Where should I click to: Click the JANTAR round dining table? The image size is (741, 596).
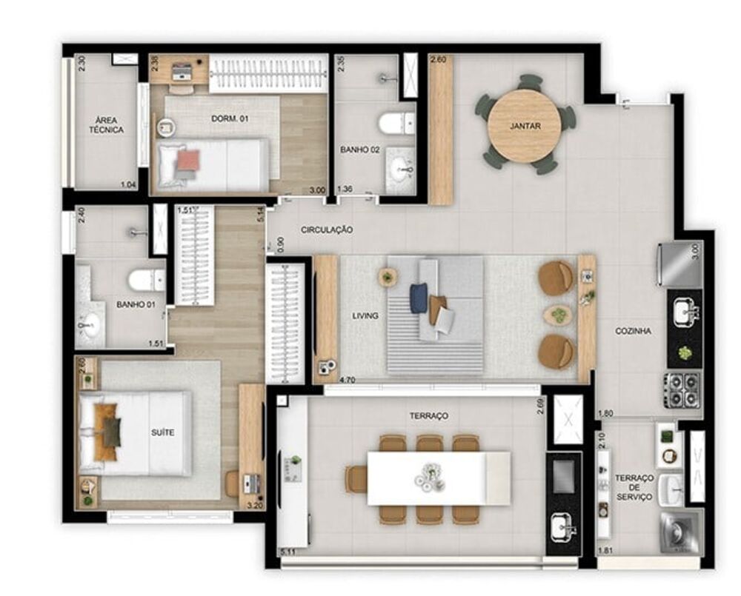[525, 126]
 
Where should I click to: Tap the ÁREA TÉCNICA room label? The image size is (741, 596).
[107, 125]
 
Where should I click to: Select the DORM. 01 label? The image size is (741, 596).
[224, 118]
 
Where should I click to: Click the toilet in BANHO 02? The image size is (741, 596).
[394, 122]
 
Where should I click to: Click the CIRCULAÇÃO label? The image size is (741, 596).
[327, 230]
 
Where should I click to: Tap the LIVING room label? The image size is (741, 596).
[365, 316]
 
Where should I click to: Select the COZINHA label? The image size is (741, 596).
[634, 332]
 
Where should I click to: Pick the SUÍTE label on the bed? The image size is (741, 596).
[162, 432]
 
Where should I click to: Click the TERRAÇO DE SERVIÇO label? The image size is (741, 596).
[634, 488]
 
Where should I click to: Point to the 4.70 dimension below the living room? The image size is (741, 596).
[347, 380]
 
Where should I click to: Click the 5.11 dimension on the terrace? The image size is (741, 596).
[288, 551]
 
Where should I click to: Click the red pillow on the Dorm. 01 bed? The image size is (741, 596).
[188, 159]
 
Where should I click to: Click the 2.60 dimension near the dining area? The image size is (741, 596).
[439, 61]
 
